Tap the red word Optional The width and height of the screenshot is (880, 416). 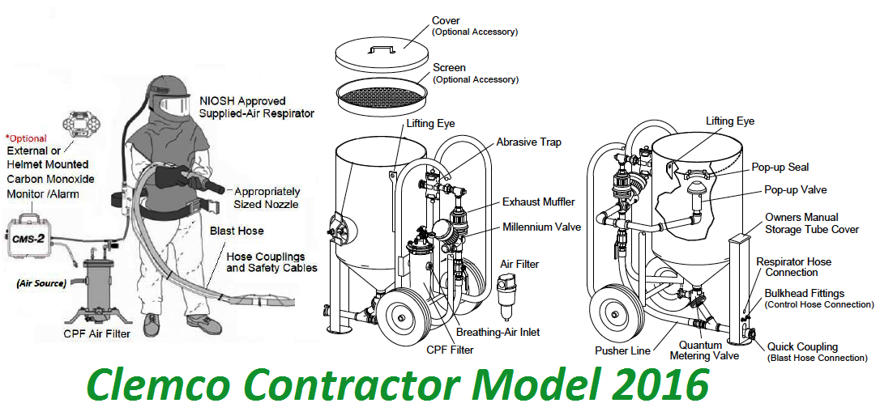28,138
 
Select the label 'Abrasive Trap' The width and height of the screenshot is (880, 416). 528,142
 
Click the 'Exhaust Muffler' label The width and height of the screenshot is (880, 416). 540,202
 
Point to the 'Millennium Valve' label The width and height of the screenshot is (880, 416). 541,227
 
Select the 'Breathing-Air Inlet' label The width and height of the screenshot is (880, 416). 498,332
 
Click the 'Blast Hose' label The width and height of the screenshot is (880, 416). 237,231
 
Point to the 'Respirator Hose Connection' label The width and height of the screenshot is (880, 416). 793,267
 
